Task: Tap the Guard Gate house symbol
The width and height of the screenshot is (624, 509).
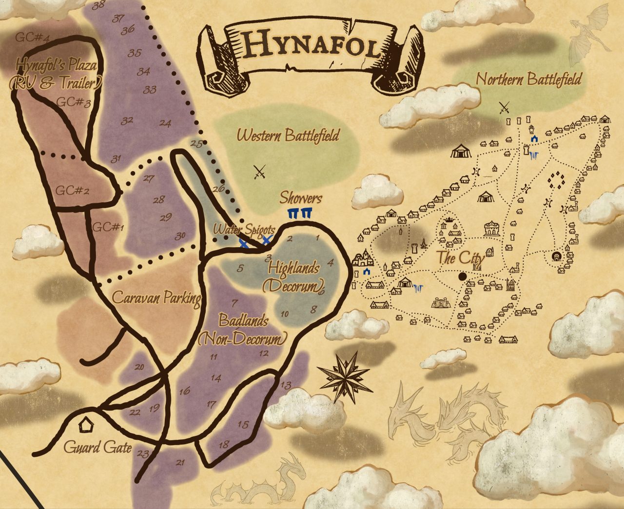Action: click(x=86, y=426)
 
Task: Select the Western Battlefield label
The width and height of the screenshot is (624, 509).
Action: click(x=288, y=135)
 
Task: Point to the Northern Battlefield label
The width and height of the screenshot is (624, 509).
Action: click(x=528, y=79)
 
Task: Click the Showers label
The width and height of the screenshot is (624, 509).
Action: click(x=301, y=198)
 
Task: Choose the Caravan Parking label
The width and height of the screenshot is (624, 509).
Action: click(x=156, y=298)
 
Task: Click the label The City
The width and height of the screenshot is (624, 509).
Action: click(x=461, y=257)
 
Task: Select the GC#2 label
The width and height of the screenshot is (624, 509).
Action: click(x=72, y=190)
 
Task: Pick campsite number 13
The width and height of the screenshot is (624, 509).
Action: click(x=286, y=385)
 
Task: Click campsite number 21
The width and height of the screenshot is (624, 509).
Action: click(x=180, y=462)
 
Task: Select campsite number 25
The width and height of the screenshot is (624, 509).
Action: click(x=196, y=143)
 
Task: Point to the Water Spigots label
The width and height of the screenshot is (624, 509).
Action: click(x=244, y=229)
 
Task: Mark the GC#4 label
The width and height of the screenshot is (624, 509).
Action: click(x=33, y=37)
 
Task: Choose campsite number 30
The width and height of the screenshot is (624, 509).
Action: click(x=180, y=236)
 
